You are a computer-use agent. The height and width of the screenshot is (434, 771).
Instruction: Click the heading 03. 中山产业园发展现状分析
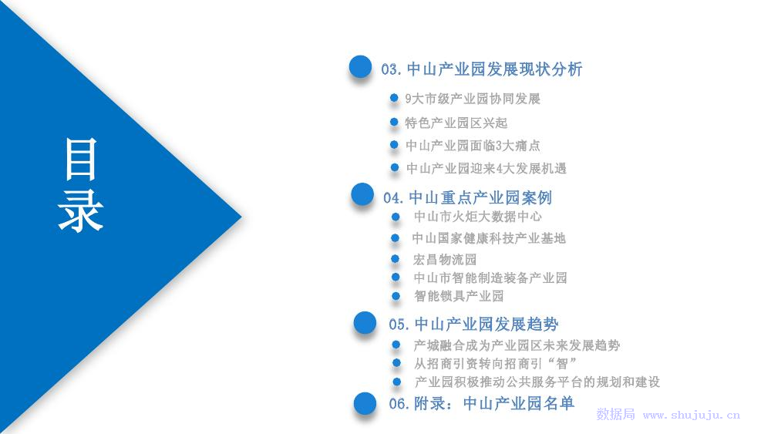[482, 69]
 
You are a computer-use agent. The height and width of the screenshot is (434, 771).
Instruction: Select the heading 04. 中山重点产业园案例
[468, 197]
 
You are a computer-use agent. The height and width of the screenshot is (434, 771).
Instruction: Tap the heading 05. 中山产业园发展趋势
[473, 325]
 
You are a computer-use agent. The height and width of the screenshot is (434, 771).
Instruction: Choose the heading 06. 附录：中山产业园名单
[481, 403]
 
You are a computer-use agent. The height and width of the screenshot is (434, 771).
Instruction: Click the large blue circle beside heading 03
[360, 67]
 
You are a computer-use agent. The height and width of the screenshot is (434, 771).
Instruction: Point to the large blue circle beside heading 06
[365, 403]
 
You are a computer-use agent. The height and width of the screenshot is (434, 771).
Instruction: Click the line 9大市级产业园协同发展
[473, 99]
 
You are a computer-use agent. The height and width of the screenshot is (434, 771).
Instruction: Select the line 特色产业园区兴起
[456, 123]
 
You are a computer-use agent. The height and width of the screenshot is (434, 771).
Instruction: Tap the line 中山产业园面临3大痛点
[473, 146]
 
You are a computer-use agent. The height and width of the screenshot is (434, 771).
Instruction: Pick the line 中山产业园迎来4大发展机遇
[487, 169]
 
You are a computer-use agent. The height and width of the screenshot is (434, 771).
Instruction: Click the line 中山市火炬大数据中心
[477, 217]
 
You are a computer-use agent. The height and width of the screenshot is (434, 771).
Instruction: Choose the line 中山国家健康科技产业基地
[489, 238]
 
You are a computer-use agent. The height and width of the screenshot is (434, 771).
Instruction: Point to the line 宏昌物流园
[445, 260]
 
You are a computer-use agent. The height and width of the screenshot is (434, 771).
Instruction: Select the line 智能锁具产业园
[459, 296]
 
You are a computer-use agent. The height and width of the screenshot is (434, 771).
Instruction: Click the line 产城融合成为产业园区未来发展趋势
[517, 345]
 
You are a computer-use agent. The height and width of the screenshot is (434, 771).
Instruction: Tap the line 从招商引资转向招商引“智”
[495, 364]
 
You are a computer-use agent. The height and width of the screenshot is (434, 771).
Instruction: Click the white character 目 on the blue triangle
[81, 160]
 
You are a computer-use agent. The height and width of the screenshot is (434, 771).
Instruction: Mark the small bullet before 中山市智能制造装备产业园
[396, 278]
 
